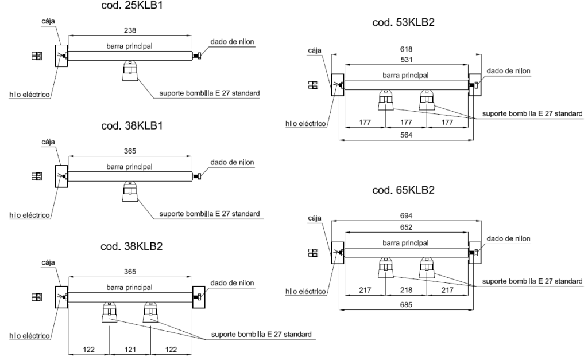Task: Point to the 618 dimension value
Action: coord(406,50)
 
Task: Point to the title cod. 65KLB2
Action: coord(405,190)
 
